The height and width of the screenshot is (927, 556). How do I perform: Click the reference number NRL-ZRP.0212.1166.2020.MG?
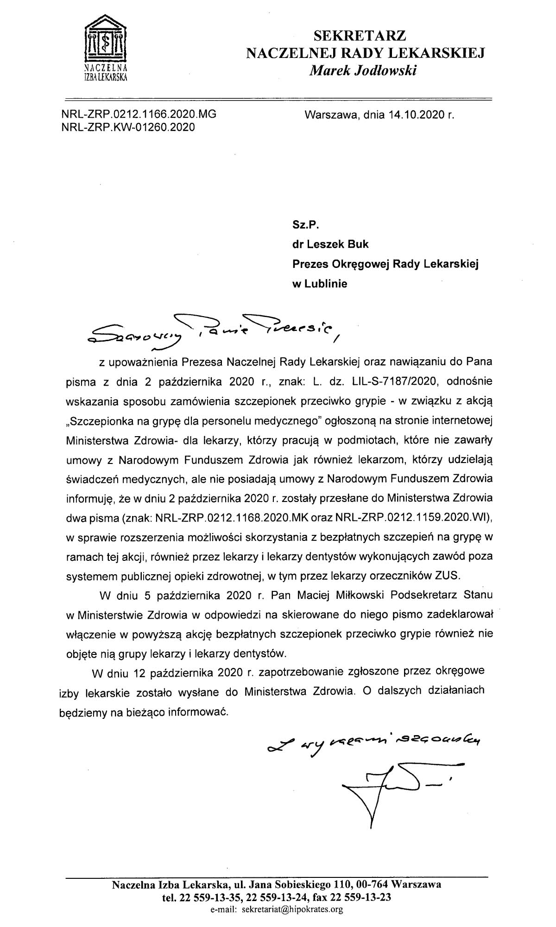point(139,114)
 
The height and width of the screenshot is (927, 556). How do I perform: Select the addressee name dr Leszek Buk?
point(330,245)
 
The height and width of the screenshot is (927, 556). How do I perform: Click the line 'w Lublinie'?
point(319,284)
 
